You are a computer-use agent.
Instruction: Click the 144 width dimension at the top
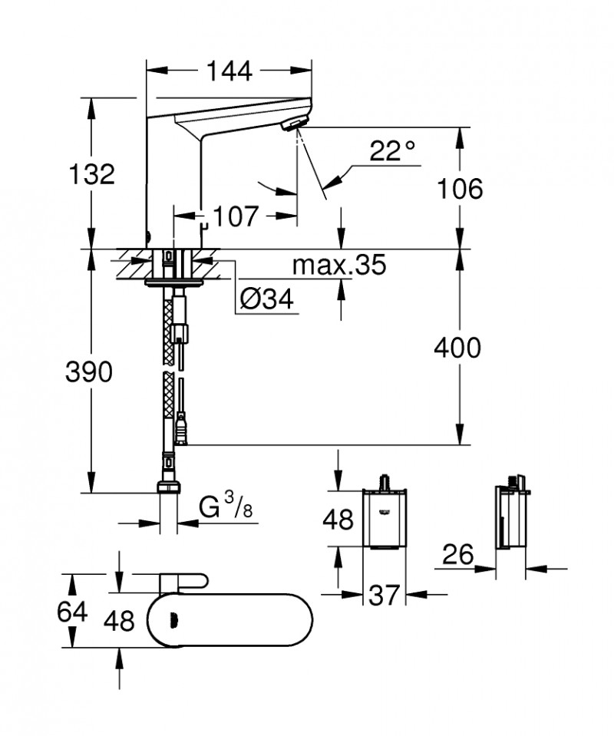(229, 71)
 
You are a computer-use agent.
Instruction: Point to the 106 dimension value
(460, 188)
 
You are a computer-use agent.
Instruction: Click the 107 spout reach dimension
(234, 217)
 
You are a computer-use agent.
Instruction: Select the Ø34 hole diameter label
(266, 300)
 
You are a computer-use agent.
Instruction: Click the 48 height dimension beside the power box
(338, 519)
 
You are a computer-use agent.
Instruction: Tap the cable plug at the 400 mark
(181, 430)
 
